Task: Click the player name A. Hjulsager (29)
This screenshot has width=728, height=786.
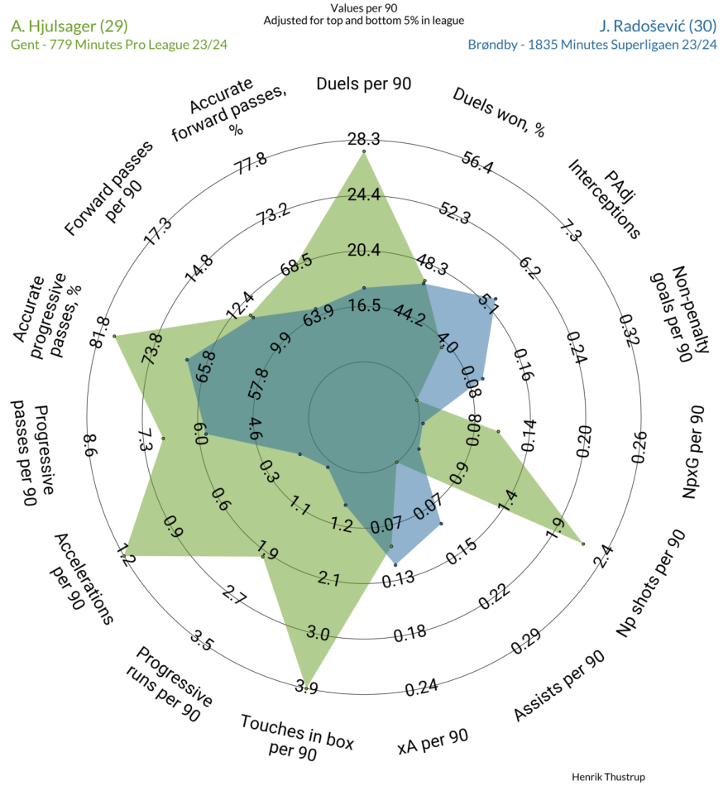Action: tap(69, 26)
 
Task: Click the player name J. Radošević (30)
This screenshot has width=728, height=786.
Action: tap(658, 26)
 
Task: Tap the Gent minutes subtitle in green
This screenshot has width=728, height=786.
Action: tap(119, 45)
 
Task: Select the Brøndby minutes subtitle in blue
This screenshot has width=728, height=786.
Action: tap(592, 45)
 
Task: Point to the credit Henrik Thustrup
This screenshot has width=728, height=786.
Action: tap(608, 776)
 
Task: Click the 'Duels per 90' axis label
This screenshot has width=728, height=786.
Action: tap(363, 84)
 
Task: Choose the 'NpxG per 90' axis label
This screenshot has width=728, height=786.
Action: tap(693, 452)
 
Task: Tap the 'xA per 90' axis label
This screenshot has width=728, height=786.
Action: tap(433, 741)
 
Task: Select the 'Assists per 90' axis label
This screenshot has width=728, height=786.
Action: tap(559, 686)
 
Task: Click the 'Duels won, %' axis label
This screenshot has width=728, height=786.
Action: tap(499, 113)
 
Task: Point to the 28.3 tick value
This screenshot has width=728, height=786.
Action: tap(364, 139)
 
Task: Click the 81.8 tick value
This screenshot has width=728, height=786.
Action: tap(98, 333)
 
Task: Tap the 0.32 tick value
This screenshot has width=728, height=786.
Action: tap(629, 330)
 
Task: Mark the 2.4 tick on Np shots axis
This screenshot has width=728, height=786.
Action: tap(602, 556)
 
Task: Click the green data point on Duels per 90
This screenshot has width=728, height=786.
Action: tap(364, 151)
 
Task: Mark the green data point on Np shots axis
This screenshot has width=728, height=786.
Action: tap(583, 544)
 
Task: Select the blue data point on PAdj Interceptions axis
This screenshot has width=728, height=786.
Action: tap(496, 299)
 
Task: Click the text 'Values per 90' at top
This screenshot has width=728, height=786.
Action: tap(364, 8)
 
